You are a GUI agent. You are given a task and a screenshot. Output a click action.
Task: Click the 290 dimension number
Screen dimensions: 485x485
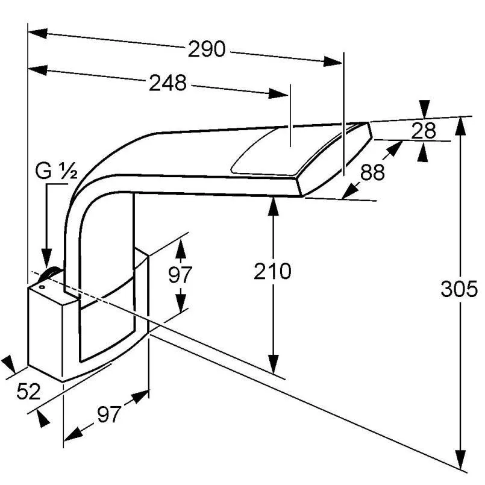207,49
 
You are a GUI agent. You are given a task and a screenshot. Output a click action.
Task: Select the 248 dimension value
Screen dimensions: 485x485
167,83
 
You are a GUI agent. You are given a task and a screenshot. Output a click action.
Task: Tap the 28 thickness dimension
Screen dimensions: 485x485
424,130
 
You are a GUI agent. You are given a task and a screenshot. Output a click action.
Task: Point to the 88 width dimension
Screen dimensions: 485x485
372,172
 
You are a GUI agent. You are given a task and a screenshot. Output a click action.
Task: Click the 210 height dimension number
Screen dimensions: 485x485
272,271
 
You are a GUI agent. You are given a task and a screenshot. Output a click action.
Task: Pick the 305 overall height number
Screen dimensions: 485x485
459,289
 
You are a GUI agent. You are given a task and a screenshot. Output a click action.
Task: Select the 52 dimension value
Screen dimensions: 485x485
28,391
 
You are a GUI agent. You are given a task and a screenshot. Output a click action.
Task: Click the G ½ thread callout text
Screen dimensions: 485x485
56,171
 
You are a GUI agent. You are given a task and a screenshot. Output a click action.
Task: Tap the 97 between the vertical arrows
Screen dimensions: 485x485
180,274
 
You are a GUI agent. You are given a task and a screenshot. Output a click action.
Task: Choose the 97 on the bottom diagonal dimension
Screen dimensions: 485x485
109,415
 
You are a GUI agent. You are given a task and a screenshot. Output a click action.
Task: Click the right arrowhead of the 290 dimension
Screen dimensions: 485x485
332,61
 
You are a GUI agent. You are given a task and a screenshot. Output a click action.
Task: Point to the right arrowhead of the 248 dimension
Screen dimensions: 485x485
278,93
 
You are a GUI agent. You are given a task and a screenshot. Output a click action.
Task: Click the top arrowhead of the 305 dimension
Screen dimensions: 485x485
461,126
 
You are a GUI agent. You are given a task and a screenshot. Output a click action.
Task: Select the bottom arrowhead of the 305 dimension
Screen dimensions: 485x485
461,458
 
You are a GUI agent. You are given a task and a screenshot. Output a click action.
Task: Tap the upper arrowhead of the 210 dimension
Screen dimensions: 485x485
273,206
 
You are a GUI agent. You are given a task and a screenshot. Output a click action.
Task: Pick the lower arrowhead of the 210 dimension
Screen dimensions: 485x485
273,364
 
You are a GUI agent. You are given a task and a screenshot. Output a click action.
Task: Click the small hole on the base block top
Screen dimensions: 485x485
42,287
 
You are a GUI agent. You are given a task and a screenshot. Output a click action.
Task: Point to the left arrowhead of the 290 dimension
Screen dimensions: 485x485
38,33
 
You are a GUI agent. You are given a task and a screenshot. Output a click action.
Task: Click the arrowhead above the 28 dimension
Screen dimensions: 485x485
424,109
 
